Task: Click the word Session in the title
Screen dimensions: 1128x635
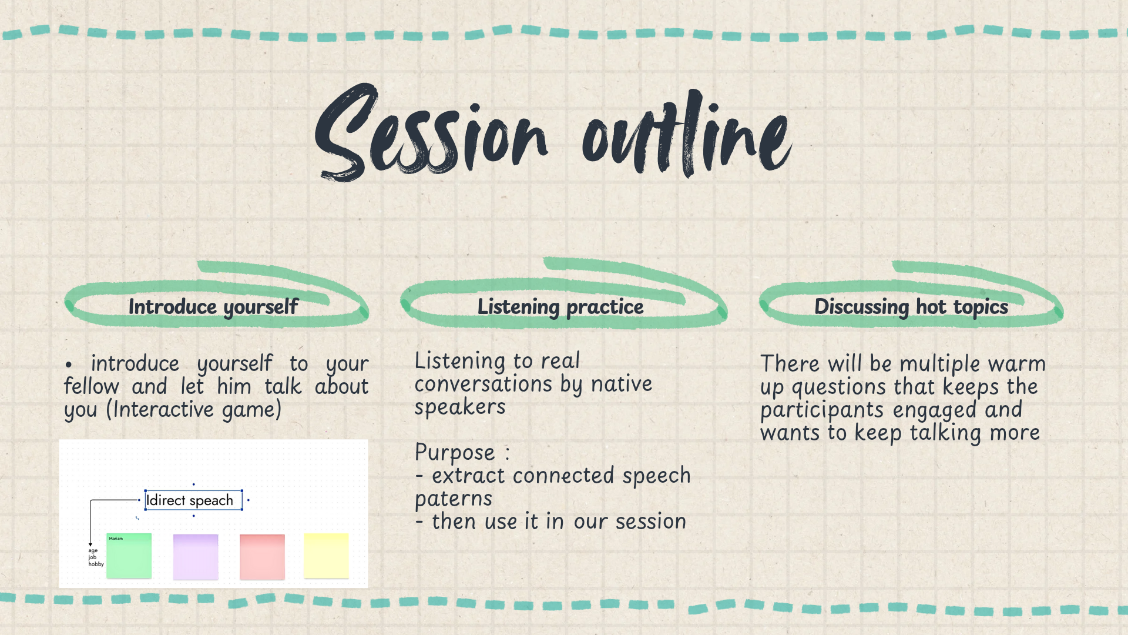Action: [x=432, y=132]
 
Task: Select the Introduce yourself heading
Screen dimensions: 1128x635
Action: [x=213, y=307]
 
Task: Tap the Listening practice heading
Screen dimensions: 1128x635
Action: [x=560, y=307]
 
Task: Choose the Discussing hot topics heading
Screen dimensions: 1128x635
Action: [x=911, y=307]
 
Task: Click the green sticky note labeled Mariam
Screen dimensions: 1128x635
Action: [x=129, y=556]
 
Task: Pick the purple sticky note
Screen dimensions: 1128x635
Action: [x=196, y=556]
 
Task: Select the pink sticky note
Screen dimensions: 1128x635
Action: [x=262, y=556]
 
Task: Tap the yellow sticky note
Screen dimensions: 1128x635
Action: [x=326, y=556]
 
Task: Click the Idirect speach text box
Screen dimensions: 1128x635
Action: [x=193, y=500]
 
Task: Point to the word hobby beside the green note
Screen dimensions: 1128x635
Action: [x=96, y=564]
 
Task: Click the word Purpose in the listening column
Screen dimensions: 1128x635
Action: [x=455, y=453]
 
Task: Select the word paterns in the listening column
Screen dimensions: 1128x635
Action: [x=454, y=499]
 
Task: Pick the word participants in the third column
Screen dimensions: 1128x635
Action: [x=822, y=410]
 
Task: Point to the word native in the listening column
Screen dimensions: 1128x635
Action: [x=622, y=384]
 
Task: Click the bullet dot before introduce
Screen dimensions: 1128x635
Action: [x=69, y=365]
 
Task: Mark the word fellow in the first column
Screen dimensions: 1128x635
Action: [x=92, y=386]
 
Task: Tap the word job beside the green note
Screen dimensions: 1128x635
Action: [x=92, y=557]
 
